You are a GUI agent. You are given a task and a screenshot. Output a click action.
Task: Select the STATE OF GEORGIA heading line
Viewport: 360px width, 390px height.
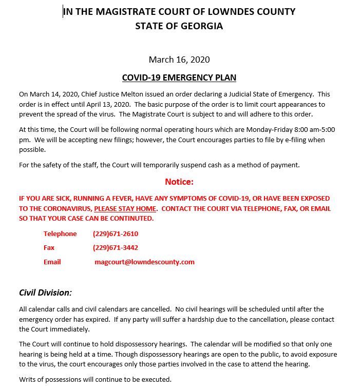pyautogui.click(x=179, y=26)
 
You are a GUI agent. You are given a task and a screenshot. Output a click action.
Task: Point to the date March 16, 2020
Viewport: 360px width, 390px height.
pyautogui.click(x=179, y=60)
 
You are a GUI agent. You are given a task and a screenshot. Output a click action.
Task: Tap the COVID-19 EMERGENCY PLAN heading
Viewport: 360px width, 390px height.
pyautogui.click(x=179, y=78)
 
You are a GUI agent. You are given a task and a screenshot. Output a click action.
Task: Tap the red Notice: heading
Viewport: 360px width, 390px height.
pyautogui.click(x=179, y=182)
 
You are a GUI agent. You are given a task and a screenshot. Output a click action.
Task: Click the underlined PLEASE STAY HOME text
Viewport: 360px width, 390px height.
pyautogui.click(x=125, y=208)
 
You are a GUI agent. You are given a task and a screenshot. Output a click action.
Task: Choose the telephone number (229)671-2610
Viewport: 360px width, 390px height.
pyautogui.click(x=116, y=233)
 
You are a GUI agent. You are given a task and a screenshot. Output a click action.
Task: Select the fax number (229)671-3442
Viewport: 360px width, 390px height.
pyautogui.click(x=116, y=247)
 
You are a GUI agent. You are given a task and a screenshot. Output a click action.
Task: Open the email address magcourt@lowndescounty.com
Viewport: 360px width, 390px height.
pyautogui.click(x=144, y=262)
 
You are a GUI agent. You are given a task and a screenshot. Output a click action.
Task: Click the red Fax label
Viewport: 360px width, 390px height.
pyautogui.click(x=49, y=247)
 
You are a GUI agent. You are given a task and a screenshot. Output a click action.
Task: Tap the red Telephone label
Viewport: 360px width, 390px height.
pyautogui.click(x=60, y=233)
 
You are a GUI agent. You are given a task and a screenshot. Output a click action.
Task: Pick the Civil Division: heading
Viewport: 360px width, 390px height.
pyautogui.click(x=45, y=292)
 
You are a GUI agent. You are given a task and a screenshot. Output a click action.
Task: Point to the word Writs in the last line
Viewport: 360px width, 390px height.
pyautogui.click(x=28, y=379)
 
